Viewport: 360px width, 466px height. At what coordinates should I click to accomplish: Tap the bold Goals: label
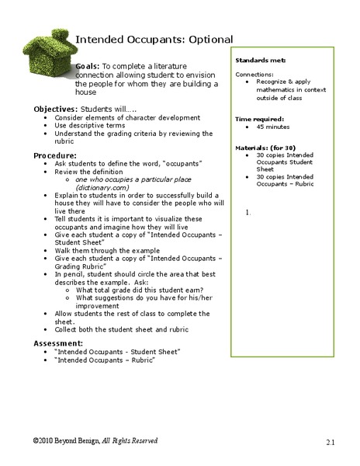tap(87, 67)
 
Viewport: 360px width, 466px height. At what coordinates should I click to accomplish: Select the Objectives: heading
tap(55, 109)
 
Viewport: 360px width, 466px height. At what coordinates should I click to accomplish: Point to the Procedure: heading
tap(54, 156)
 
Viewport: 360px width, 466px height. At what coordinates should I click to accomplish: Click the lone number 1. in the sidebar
tap(247, 211)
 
